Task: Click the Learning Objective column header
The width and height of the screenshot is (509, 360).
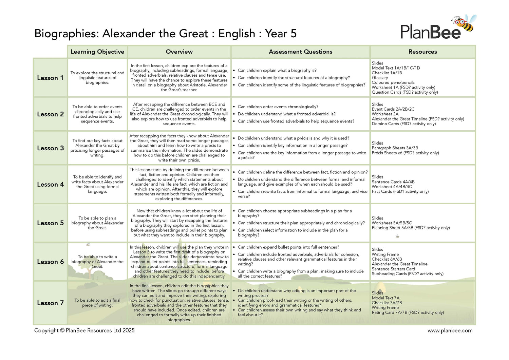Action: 97,52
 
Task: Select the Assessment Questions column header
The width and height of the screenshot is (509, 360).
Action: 300,52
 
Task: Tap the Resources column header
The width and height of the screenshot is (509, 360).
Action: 422,52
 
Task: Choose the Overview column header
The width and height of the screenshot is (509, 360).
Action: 179,52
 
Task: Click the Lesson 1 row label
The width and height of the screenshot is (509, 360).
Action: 50,78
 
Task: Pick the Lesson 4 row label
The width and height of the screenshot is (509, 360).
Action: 50,185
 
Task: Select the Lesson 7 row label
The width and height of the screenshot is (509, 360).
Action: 50,303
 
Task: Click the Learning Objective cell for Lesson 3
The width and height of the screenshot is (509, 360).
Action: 97,148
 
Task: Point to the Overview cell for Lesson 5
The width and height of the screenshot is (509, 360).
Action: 179,223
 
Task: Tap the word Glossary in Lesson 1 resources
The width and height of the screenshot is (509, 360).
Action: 380,78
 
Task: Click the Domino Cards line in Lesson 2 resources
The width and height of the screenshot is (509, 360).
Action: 403,124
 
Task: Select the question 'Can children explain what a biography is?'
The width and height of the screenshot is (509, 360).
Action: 277,71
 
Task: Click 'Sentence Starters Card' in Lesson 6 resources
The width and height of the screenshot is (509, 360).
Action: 393,269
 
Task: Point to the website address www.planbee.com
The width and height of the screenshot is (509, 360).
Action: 450,330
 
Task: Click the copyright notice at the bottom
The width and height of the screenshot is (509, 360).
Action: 84,330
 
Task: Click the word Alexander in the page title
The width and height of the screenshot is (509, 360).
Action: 129,34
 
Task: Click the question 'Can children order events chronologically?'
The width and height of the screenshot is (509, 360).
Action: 278,107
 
